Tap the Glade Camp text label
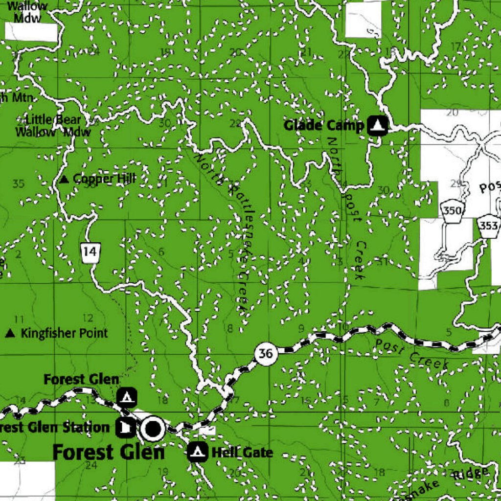pos(324,125)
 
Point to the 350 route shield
pos(452,211)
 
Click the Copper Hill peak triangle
pos(64,180)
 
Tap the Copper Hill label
pos(104,179)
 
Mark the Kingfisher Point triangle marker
pos(10,334)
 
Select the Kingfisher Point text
pos(64,334)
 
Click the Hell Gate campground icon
pos(198,451)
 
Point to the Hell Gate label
pos(242,452)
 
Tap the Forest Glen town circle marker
pos(153,429)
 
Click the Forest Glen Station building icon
pos(125,428)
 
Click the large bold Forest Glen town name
pos(109,452)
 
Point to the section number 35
pos(18,184)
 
